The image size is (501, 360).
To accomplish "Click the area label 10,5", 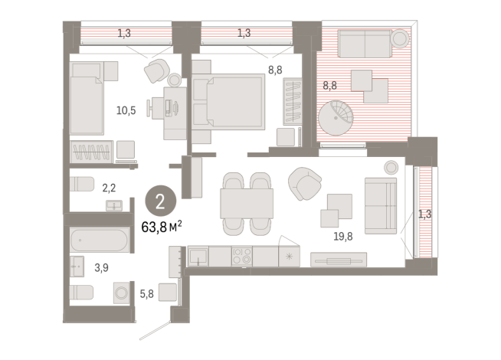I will coord(126,110).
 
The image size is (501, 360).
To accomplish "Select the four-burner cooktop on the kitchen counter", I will coord(242,257).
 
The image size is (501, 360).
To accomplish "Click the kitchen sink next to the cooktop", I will coord(198,256).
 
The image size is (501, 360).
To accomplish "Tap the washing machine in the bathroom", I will coord(122,293).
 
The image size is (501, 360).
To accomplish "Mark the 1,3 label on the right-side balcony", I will coord(425,214).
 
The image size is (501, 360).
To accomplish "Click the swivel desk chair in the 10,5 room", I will coord(159,70).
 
